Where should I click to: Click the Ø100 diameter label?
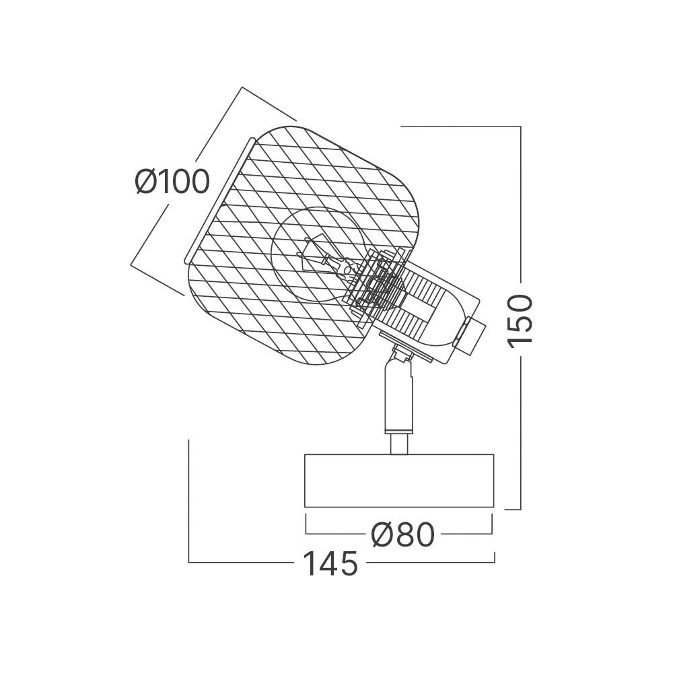(x=172, y=182)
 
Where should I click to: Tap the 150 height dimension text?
(x=520, y=320)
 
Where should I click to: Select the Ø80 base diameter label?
(x=402, y=535)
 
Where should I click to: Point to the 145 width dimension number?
(x=330, y=564)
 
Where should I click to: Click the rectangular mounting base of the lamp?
(x=399, y=481)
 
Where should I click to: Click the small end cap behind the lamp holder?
(x=469, y=334)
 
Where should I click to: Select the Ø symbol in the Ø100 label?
(x=147, y=182)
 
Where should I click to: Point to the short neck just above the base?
(x=398, y=444)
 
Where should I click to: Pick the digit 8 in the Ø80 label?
(x=404, y=535)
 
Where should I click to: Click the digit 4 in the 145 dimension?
(x=329, y=564)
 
